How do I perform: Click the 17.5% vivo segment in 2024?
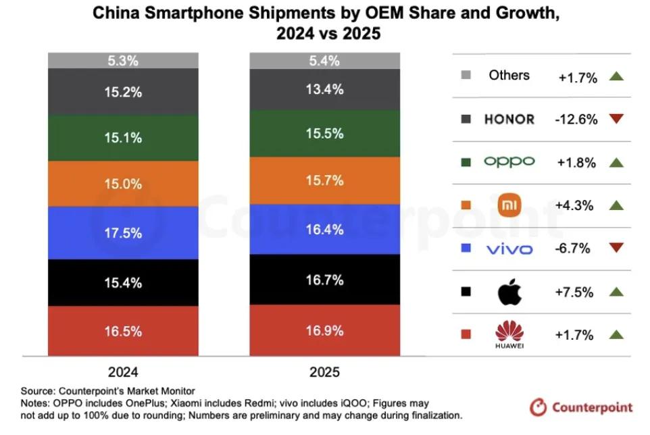(124, 233)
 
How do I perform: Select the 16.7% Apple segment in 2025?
(325, 280)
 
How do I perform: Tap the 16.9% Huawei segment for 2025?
(325, 330)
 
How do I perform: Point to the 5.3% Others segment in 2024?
(124, 61)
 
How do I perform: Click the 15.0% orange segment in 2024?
(124, 184)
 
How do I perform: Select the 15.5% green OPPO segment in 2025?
(325, 134)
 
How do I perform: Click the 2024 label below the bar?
(124, 372)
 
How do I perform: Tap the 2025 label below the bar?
(325, 372)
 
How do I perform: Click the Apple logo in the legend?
(510, 292)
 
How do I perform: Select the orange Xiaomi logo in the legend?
(510, 205)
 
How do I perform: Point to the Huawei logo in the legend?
(510, 335)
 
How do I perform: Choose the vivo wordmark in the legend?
(509, 249)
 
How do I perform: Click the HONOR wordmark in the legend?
(509, 120)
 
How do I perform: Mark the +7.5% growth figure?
(576, 292)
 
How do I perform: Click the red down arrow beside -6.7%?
(615, 249)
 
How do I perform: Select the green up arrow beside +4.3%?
(615, 205)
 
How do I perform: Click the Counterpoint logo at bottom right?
(582, 407)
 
